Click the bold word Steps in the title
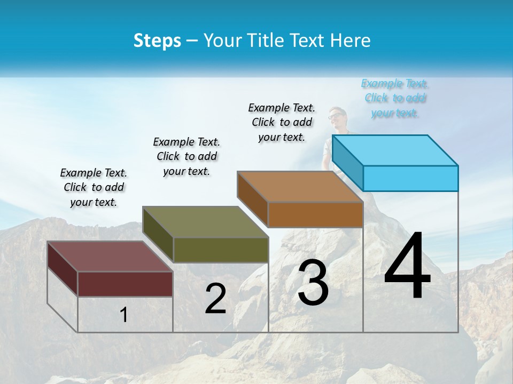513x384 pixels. [x=157, y=41]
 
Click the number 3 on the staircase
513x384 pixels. [x=313, y=283]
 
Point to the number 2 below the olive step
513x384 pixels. [x=215, y=299]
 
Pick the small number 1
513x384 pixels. [x=124, y=315]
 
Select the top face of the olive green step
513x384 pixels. [x=206, y=222]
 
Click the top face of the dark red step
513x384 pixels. [x=111, y=257]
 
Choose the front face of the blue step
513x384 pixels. [x=410, y=178]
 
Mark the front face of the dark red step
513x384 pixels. [x=125, y=284]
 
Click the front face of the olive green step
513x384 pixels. [x=221, y=250]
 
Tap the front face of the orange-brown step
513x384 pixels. [x=315, y=214]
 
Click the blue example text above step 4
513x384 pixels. [x=394, y=98]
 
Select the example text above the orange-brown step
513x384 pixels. [x=282, y=122]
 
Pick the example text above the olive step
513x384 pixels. [x=186, y=156]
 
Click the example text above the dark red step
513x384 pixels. [x=94, y=187]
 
